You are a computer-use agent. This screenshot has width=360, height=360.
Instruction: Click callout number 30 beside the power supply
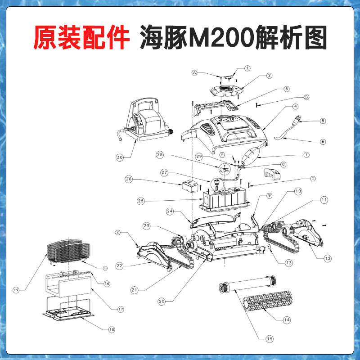click(120, 157)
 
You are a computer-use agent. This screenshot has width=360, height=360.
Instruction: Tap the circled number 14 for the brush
click(287, 320)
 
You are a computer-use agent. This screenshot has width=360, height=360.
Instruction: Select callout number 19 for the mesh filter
click(16, 290)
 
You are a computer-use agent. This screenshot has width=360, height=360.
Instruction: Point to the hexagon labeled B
click(307, 97)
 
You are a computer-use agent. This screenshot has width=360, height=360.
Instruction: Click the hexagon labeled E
click(117, 233)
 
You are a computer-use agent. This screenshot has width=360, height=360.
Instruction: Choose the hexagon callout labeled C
click(313, 178)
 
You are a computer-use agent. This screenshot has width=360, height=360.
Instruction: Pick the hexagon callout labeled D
click(105, 268)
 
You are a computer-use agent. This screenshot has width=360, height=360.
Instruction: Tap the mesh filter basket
click(68, 251)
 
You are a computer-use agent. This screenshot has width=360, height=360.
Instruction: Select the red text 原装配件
click(81, 37)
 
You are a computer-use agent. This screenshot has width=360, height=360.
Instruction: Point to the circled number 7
click(306, 154)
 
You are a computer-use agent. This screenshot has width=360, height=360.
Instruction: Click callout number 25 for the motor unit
click(141, 201)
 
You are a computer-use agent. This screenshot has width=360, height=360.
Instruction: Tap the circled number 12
click(328, 258)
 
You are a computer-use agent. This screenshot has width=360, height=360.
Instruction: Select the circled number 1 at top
click(247, 68)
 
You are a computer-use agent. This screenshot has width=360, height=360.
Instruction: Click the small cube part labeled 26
click(190, 185)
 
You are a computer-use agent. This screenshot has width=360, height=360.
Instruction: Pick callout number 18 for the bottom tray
click(112, 329)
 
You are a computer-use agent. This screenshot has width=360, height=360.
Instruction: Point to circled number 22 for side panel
click(119, 266)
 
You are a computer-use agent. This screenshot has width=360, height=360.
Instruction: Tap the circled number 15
click(270, 339)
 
